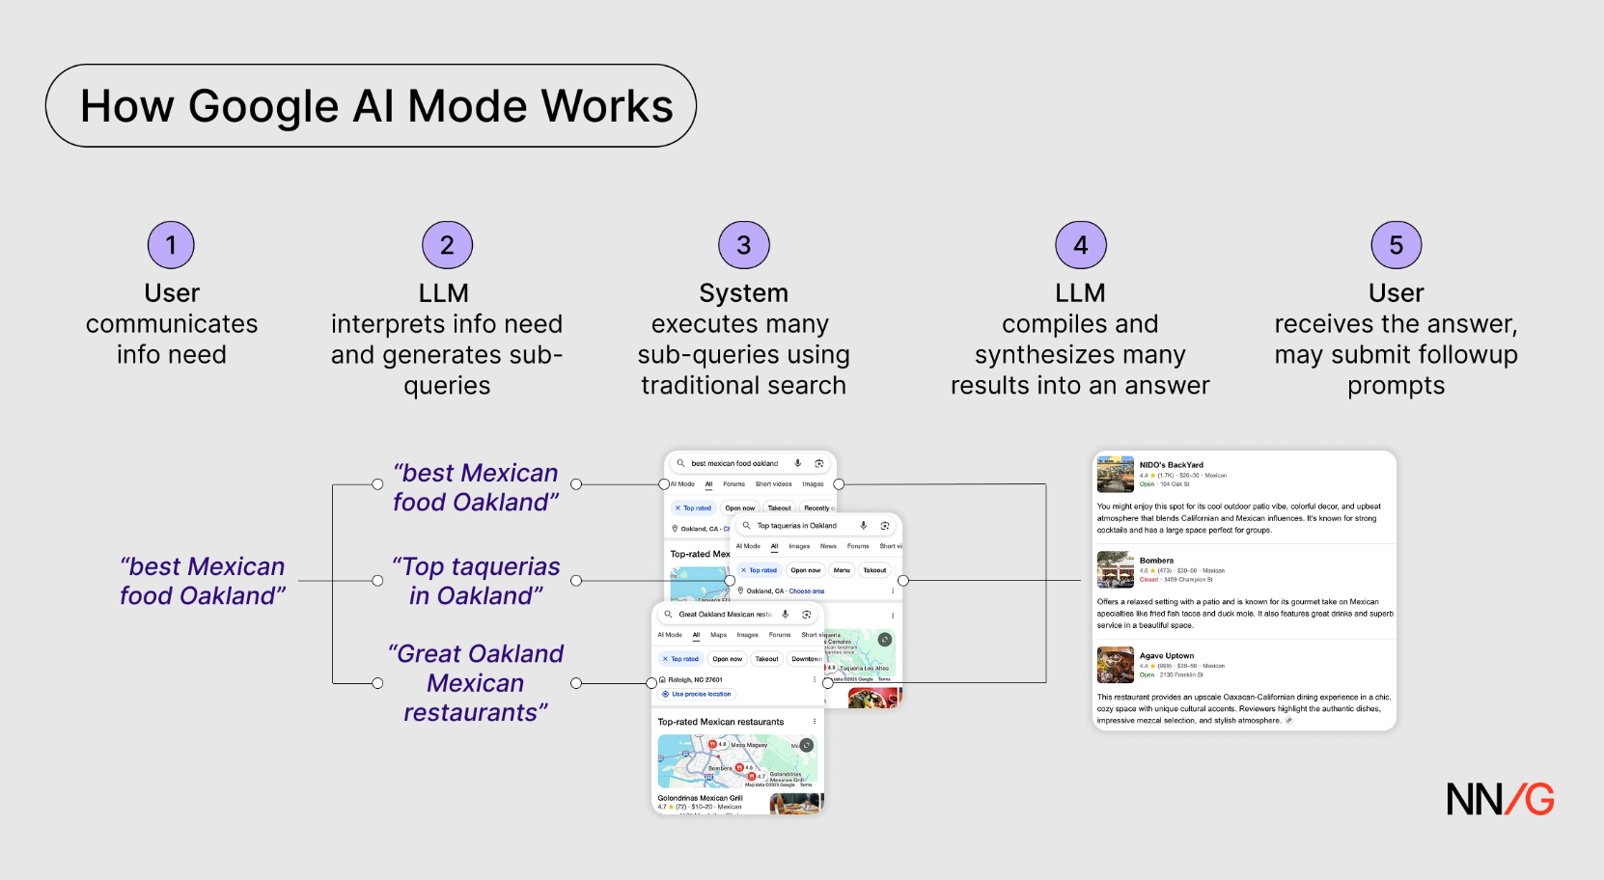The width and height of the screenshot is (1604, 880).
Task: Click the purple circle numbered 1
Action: (x=171, y=245)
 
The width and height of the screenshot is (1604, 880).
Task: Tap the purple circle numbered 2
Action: (x=447, y=245)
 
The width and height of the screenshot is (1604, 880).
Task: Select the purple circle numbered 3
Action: (x=743, y=245)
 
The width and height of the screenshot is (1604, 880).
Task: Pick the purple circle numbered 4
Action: (x=1080, y=245)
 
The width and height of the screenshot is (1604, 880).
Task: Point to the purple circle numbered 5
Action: (x=1396, y=245)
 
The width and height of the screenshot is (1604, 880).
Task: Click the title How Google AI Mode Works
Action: (x=376, y=106)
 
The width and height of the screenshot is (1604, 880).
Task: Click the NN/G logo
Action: (x=1500, y=800)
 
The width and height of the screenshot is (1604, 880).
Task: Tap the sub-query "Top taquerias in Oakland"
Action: (x=476, y=581)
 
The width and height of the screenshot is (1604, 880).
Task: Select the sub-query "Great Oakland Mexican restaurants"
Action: (x=476, y=683)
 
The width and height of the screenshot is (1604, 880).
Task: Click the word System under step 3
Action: (x=743, y=293)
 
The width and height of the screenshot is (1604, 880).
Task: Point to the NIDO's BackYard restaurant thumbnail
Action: (x=1115, y=474)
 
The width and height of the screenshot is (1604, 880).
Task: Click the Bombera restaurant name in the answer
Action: (x=1156, y=561)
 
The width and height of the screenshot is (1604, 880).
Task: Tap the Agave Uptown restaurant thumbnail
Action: (x=1115, y=665)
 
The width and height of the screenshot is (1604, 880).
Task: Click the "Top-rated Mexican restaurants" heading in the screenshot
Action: (x=721, y=722)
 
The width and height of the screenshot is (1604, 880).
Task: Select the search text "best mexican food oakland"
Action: (x=734, y=464)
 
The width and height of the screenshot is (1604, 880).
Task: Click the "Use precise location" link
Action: (x=701, y=695)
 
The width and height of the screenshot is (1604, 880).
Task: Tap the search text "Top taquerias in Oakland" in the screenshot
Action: (x=796, y=526)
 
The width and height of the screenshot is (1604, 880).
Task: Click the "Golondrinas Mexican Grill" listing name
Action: (x=700, y=798)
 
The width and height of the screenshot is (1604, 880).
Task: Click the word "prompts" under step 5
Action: (x=1396, y=386)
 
